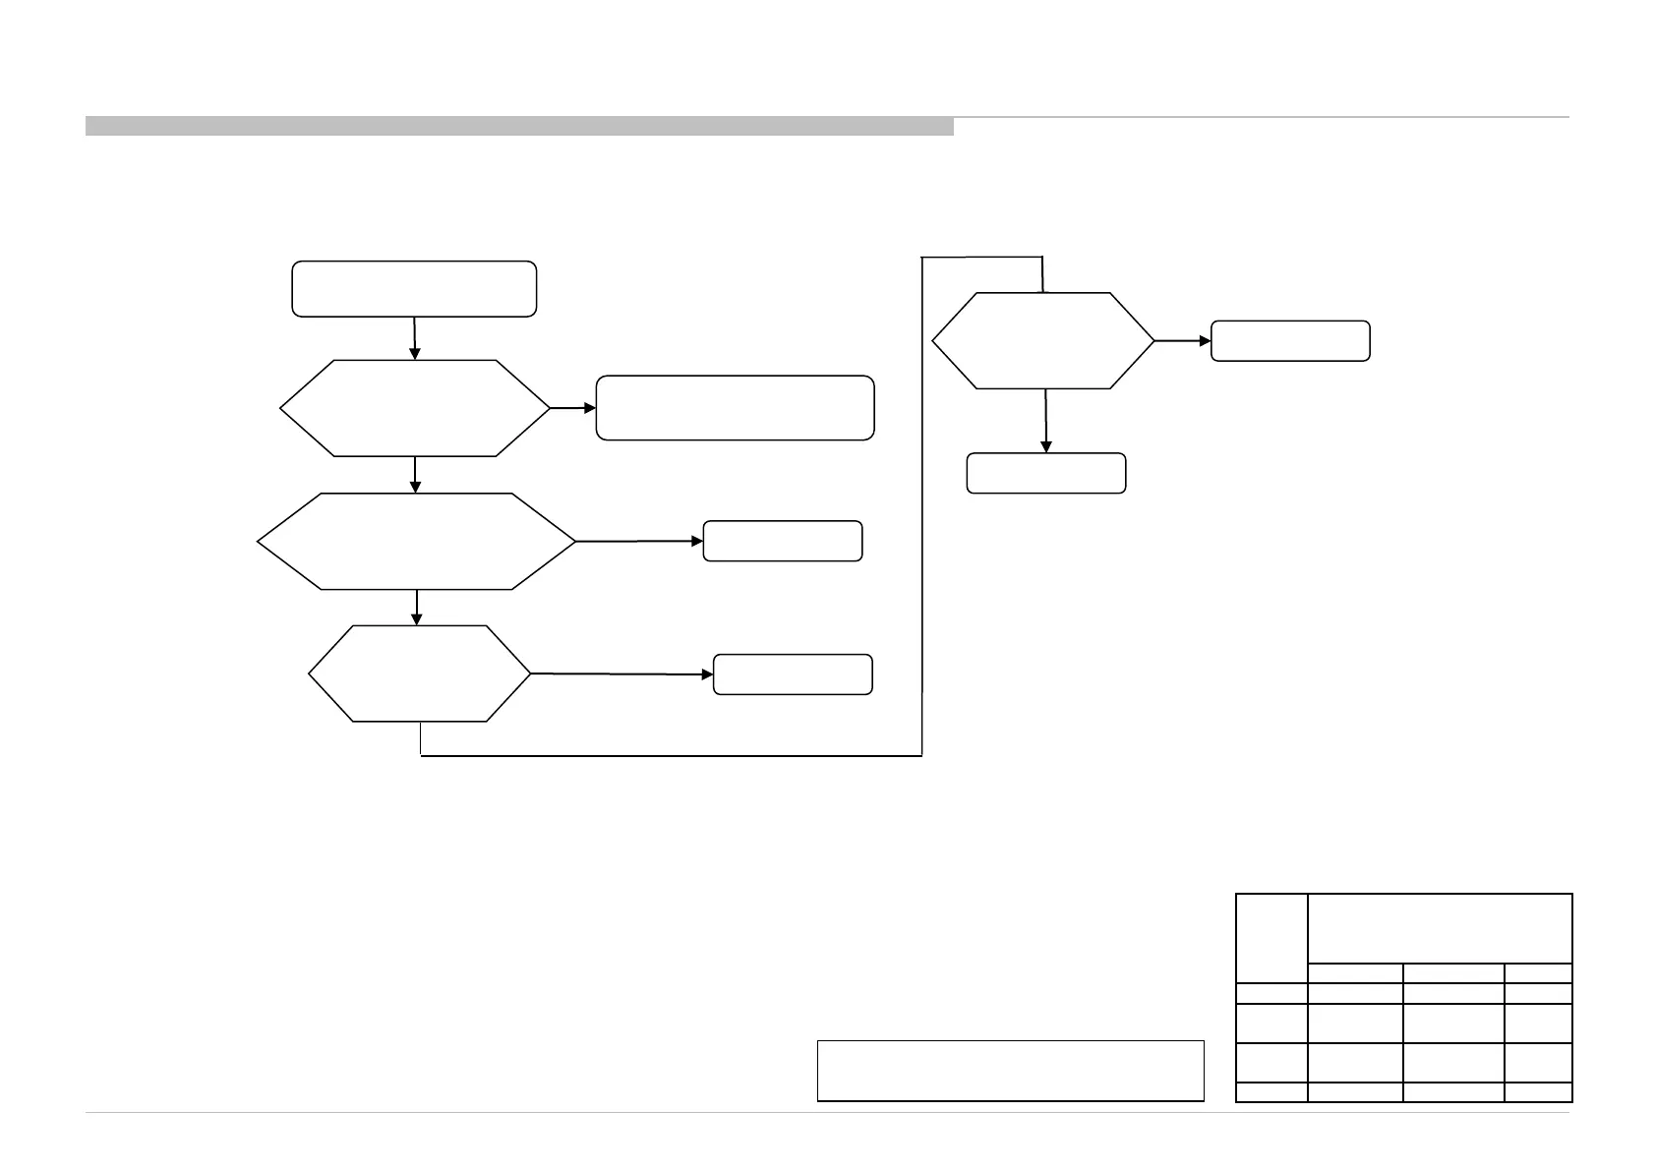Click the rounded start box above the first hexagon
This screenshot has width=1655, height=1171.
click(414, 289)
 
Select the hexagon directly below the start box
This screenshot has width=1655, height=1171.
click(415, 408)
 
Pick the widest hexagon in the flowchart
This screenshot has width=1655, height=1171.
click(416, 542)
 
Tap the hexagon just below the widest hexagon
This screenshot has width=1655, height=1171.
click(419, 673)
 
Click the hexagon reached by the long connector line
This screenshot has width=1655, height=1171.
click(1043, 341)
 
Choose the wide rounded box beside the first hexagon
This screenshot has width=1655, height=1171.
click(735, 407)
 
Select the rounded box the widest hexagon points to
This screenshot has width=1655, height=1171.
click(783, 541)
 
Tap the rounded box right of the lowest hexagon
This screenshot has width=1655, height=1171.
click(793, 674)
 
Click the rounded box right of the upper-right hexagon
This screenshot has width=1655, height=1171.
click(1290, 341)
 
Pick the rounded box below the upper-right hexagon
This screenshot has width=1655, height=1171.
click(1046, 473)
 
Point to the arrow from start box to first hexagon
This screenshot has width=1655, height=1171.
click(415, 338)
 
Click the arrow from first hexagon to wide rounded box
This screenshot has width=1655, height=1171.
click(573, 407)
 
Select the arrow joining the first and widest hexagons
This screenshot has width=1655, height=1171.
click(416, 475)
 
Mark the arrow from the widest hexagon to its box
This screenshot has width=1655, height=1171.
click(639, 541)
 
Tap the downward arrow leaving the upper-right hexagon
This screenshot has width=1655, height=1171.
click(1045, 421)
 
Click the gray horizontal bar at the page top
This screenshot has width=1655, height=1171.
click(519, 126)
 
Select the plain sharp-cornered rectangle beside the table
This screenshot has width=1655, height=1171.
click(1011, 1070)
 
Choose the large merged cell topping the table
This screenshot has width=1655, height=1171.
click(1440, 927)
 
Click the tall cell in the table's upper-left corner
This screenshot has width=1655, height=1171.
click(1271, 937)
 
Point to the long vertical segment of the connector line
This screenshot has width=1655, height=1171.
click(921, 506)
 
